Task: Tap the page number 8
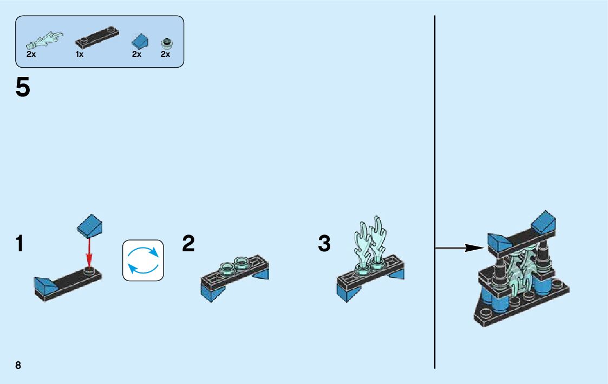tap(18, 365)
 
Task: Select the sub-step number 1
tap(20, 244)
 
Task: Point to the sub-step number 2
tap(188, 244)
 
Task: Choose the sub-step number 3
tap(324, 244)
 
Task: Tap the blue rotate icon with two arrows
tap(143, 260)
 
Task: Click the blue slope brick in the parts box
tap(140, 40)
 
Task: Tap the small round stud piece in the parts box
tap(166, 43)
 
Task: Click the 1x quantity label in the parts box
tap(80, 54)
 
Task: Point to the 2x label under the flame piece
tap(31, 54)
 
